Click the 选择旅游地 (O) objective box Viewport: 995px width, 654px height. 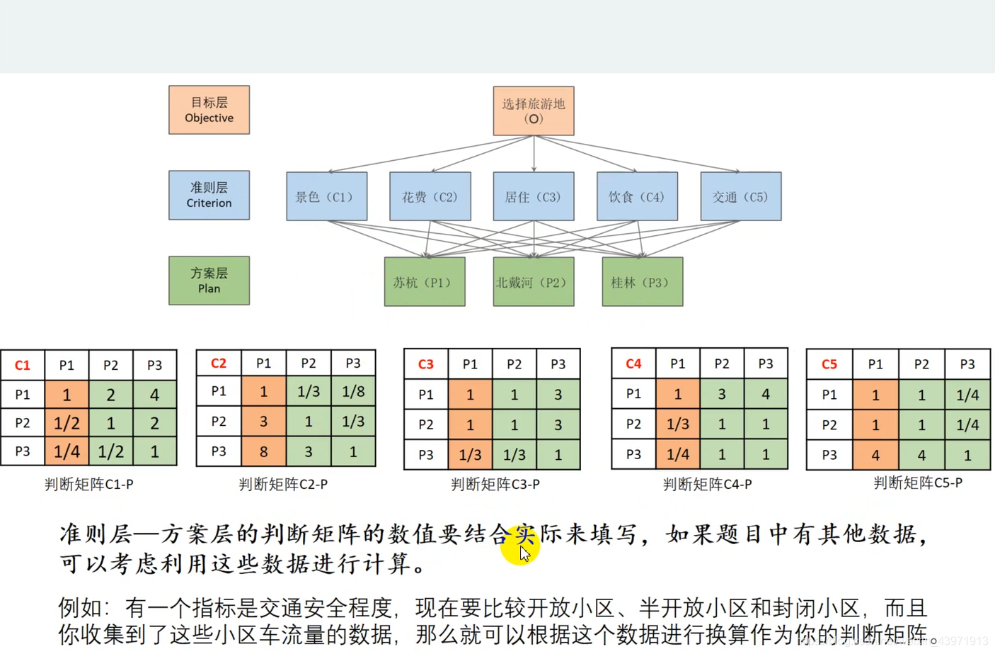click(534, 111)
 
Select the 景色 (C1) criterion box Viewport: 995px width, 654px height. click(326, 196)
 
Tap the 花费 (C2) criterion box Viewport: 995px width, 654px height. click(430, 196)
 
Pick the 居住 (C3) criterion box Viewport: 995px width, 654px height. click(534, 196)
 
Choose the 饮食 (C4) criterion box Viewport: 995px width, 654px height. click(637, 196)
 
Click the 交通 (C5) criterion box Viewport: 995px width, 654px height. click(740, 196)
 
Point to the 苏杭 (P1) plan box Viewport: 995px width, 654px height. click(425, 282)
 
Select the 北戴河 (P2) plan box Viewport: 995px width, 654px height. click(534, 282)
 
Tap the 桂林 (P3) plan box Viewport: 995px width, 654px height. click(642, 282)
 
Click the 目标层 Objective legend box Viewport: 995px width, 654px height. click(209, 110)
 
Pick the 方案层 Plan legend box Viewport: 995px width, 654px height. click(209, 281)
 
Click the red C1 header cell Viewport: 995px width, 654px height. click(23, 365)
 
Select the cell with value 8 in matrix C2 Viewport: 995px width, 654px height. click(263, 451)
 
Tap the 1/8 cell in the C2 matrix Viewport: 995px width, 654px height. click(352, 391)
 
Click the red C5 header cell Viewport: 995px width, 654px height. click(829, 364)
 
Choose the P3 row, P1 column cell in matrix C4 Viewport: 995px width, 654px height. click(677, 454)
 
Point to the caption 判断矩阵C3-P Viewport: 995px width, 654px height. click(495, 484)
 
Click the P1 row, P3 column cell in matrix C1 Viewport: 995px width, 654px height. click(154, 394)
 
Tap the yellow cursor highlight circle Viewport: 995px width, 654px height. click(519, 546)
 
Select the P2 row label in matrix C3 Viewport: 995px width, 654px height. click(425, 424)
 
